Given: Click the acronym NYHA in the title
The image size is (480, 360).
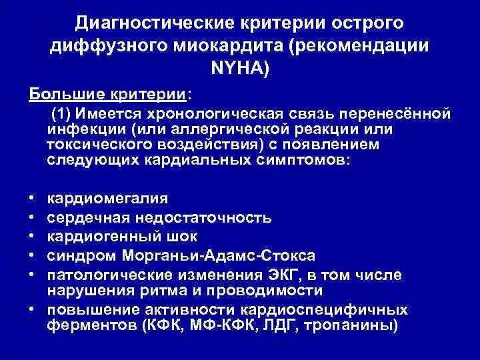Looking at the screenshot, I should coord(240,68).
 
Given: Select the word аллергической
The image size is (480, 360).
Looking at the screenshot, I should coord(222,129).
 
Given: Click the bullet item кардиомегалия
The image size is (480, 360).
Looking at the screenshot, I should coord(99,199).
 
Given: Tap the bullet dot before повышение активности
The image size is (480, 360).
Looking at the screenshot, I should coord(33,310).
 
